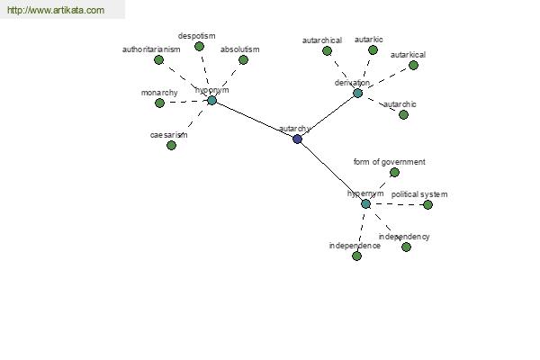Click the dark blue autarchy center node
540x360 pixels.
[298, 139]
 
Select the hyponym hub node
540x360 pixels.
[211, 100]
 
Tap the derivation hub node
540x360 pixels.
[357, 93]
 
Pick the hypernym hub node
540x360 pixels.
[365, 204]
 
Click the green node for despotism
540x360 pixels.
[199, 46]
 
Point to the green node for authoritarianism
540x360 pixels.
[158, 60]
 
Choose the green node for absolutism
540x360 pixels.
[243, 60]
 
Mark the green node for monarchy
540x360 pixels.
[159, 103]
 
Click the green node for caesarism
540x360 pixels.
[171, 145]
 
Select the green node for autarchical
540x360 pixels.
[327, 50]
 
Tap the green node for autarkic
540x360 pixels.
[373, 49]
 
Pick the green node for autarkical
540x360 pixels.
[413, 65]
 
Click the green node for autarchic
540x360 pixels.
[403, 114]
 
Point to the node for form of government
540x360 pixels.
[394, 172]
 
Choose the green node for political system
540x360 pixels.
[427, 204]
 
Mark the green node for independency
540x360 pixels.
[406, 247]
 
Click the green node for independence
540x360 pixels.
[356, 256]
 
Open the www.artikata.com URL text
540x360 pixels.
[55, 10]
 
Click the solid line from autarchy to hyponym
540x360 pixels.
[255, 120]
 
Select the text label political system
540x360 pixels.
[418, 194]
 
